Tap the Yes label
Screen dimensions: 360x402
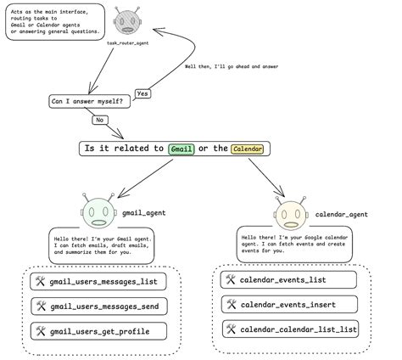pos(143,93)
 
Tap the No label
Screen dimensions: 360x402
pos(100,121)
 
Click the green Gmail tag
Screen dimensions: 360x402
pos(181,149)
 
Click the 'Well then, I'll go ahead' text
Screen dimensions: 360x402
pos(230,68)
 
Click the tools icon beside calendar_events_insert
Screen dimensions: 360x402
pos(230,303)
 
